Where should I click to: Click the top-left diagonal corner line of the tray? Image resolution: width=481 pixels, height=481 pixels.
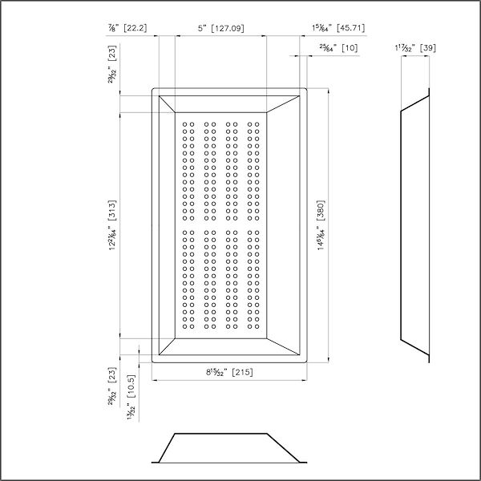pyautogui.click(x=168, y=103)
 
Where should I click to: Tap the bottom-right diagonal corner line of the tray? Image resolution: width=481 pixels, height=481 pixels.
pyautogui.click(x=289, y=346)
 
